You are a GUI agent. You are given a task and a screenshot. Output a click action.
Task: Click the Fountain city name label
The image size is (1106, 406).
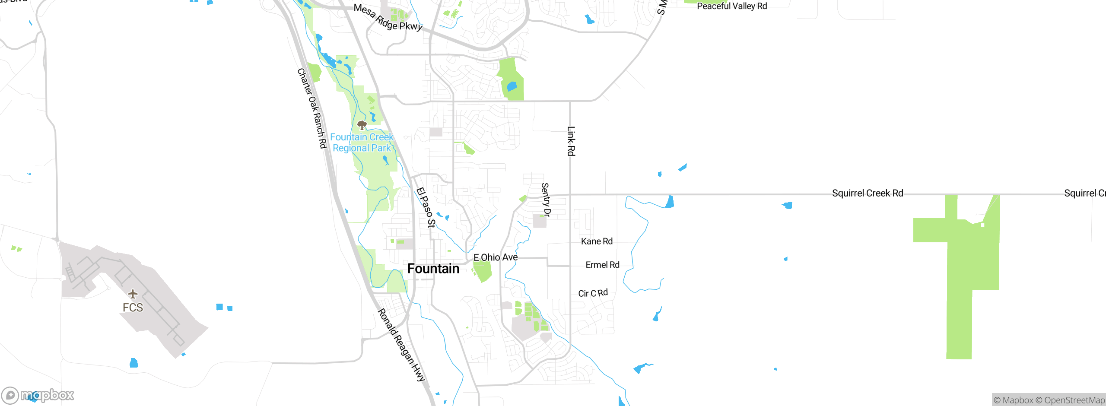433,269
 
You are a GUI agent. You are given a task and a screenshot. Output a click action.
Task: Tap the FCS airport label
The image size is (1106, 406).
133,308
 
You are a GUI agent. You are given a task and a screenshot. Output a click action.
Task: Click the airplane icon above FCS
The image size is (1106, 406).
133,294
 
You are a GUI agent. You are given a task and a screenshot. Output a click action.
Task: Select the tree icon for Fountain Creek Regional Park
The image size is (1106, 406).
362,125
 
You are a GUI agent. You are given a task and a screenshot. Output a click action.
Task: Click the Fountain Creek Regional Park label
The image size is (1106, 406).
362,143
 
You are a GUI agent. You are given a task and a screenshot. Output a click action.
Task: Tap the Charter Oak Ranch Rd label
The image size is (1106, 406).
312,108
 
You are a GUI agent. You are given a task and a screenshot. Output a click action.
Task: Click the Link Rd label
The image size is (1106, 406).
571,141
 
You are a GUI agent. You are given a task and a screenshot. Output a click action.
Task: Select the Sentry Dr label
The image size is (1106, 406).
546,200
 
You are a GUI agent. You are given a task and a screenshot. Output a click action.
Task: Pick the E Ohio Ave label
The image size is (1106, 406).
496,257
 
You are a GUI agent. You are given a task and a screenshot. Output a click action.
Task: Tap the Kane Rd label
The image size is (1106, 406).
597,241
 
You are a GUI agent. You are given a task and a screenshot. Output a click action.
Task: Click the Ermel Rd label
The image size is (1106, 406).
602,265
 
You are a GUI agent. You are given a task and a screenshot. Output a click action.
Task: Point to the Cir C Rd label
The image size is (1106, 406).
593,293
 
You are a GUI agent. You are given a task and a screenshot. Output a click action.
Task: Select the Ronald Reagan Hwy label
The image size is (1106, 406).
402,345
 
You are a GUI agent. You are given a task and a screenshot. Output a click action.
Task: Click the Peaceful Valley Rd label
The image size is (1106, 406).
732,6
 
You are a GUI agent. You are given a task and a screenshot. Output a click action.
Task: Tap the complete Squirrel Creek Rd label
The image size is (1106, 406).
868,193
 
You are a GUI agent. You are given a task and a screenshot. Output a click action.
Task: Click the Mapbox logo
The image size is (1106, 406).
38,395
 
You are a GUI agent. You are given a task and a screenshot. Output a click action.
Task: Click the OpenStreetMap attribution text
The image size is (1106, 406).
1070,400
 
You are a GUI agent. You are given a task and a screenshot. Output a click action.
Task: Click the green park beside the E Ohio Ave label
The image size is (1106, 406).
483,271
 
